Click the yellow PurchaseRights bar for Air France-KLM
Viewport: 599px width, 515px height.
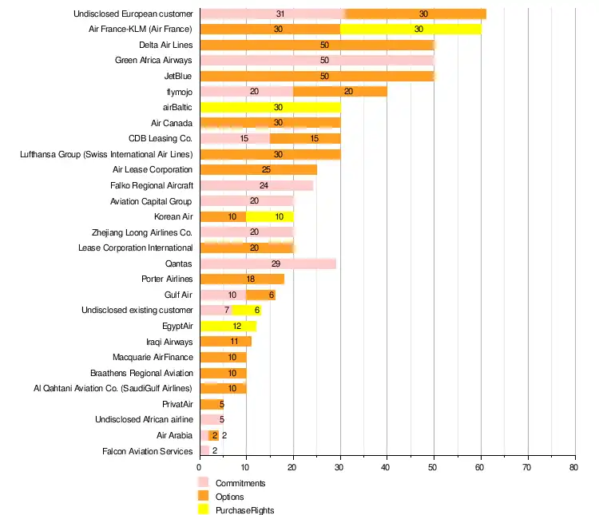(411, 29)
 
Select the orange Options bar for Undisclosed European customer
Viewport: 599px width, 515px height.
(415, 14)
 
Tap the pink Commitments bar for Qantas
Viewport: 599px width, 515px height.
(268, 263)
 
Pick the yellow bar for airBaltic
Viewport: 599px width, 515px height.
(270, 107)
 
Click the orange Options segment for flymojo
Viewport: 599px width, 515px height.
(340, 91)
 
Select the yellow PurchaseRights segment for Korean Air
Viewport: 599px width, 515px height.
(270, 216)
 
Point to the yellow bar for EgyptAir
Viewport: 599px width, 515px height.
(228, 326)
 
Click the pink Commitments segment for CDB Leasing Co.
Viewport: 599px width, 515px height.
(235, 138)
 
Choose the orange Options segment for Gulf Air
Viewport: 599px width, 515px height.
(260, 295)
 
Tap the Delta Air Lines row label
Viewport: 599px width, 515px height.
(165, 45)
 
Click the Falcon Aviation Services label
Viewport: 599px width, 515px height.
(148, 451)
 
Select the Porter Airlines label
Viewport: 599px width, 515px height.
(167, 279)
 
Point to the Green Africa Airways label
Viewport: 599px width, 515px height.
(153, 60)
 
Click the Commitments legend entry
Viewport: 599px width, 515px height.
(240, 483)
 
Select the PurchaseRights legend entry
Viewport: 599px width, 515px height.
(244, 510)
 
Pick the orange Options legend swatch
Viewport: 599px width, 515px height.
(203, 497)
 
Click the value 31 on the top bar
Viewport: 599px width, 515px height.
(280, 14)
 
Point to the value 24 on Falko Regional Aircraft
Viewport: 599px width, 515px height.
(264, 185)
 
